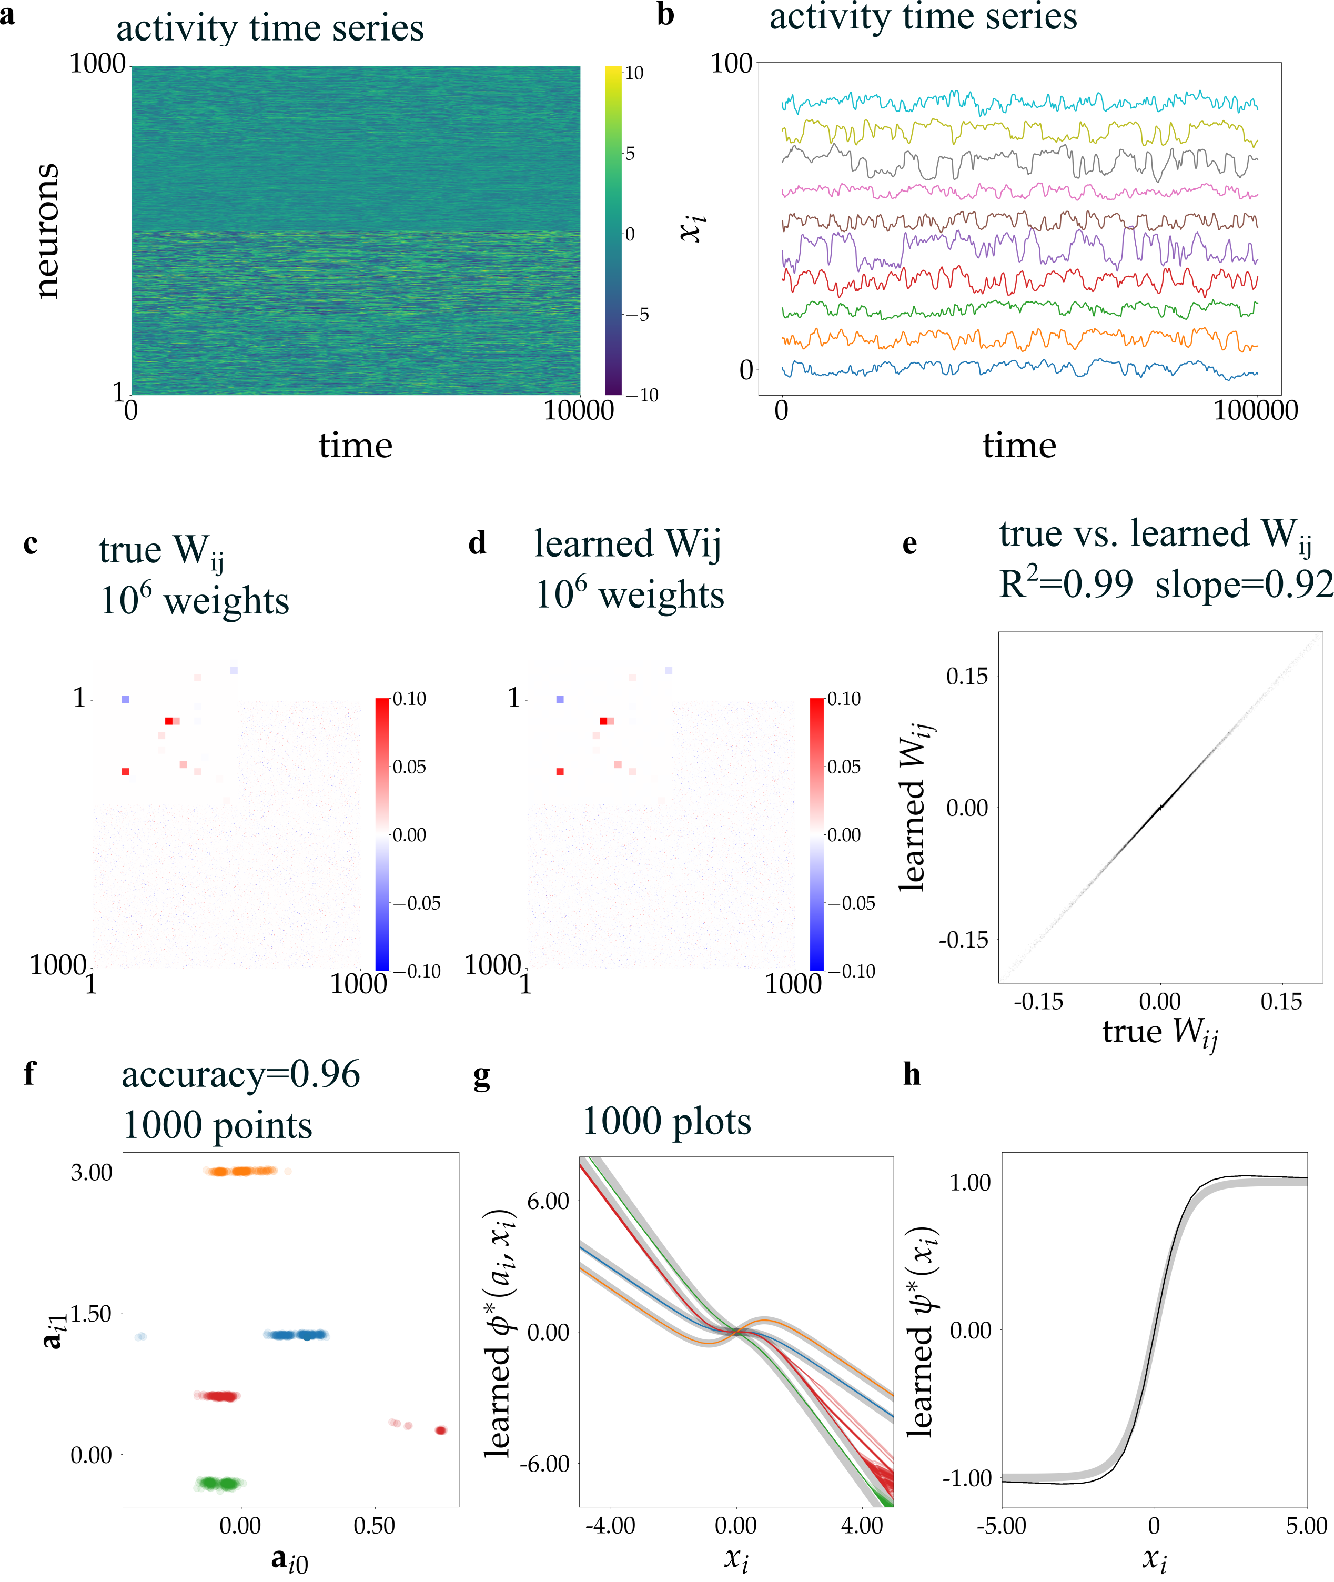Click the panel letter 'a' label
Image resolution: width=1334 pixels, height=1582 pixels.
point(7,15)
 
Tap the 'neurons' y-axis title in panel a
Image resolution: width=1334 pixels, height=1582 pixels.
point(47,230)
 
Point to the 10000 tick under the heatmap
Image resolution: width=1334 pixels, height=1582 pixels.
point(579,410)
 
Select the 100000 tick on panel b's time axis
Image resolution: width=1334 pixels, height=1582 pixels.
point(1255,410)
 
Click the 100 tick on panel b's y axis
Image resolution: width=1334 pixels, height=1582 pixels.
point(731,64)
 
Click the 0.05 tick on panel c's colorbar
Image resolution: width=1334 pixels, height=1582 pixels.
point(409,767)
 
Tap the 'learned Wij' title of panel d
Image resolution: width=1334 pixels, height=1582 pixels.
point(627,545)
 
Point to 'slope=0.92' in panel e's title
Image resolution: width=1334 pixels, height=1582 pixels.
point(1243,585)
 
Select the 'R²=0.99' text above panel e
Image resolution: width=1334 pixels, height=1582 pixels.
point(1066,585)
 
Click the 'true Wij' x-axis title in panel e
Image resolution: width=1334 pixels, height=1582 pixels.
point(1159,1032)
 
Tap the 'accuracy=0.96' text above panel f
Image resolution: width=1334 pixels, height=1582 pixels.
point(240,1075)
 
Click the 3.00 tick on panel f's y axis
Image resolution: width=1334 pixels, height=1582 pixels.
point(92,1172)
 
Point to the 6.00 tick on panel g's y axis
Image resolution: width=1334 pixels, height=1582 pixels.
point(548,1201)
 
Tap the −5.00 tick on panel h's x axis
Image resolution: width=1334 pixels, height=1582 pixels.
point(1001,1525)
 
